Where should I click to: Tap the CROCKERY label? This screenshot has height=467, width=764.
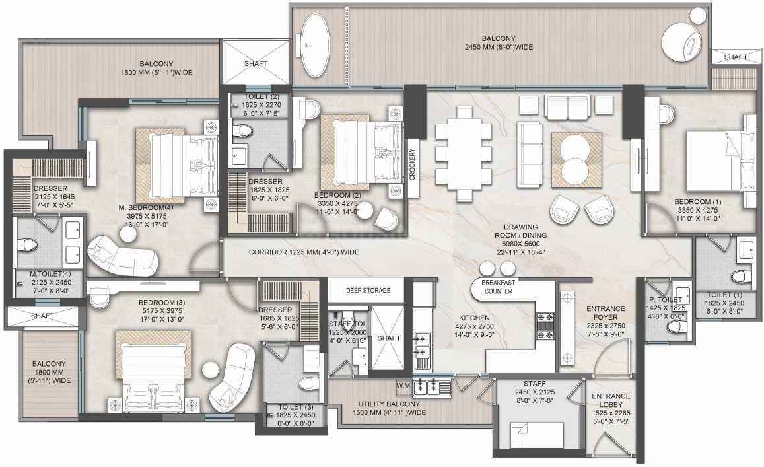(x=413, y=164)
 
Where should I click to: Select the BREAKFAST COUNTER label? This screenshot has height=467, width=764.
(x=498, y=287)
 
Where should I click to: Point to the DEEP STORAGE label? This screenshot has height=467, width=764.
(x=368, y=291)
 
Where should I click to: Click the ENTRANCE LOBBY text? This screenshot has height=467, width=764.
(x=611, y=400)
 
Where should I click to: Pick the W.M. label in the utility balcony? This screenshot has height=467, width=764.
(x=404, y=386)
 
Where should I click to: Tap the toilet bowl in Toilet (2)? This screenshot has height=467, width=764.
(x=242, y=130)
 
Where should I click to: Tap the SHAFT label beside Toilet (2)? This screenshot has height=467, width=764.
(x=256, y=63)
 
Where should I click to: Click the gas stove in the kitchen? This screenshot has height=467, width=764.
(x=545, y=326)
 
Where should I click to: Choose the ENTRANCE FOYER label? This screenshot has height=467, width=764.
(x=606, y=313)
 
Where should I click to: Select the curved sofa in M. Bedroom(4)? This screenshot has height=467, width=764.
(x=122, y=256)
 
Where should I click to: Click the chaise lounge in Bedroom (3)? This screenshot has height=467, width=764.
(x=232, y=377)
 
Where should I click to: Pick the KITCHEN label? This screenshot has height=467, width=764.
(x=474, y=318)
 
